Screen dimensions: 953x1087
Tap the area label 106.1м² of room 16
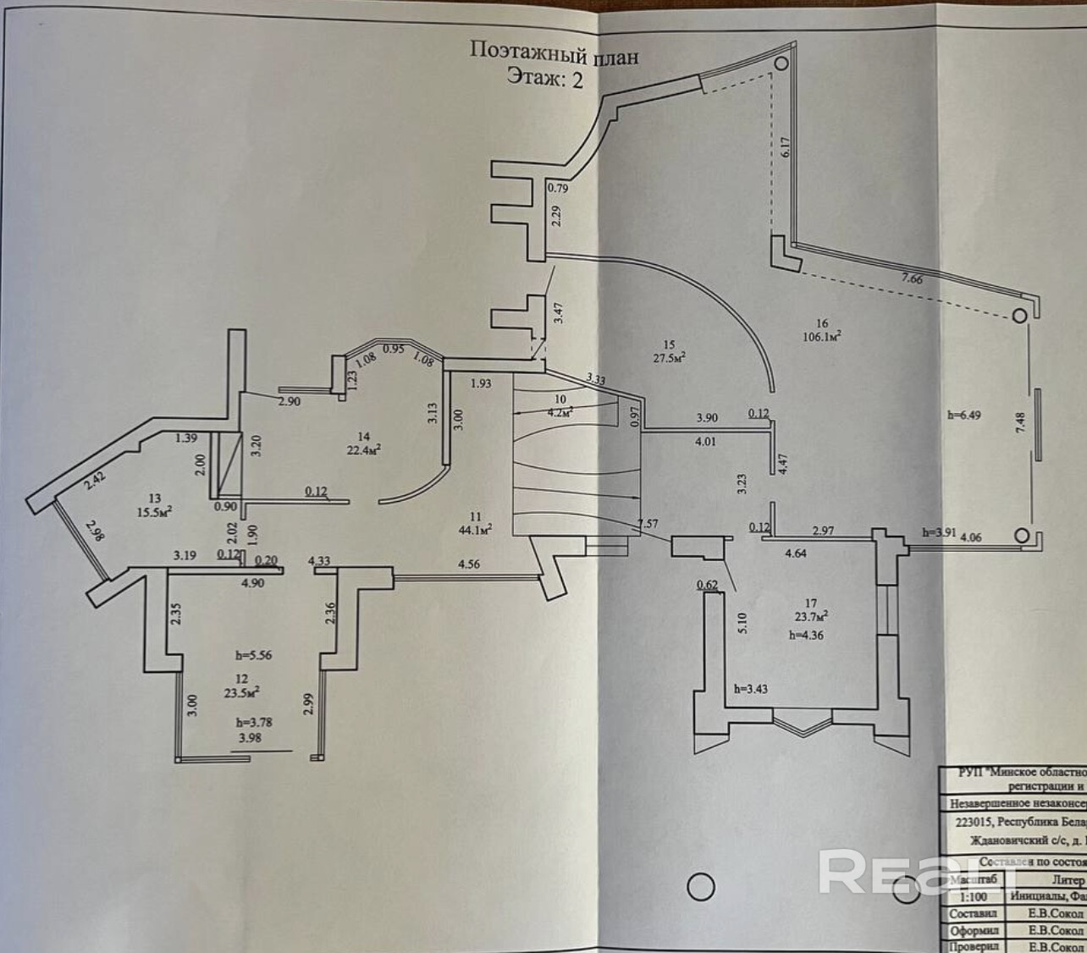[822, 336]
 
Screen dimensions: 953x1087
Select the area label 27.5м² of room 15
[668, 357]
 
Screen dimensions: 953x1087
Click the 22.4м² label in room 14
[363, 449]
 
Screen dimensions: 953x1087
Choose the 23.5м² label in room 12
[241, 691]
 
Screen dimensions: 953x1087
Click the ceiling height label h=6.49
[965, 416]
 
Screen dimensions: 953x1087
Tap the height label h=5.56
[254, 655]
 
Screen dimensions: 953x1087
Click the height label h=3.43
[752, 689]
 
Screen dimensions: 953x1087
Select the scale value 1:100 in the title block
[974, 895]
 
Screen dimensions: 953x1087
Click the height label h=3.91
[940, 532]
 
